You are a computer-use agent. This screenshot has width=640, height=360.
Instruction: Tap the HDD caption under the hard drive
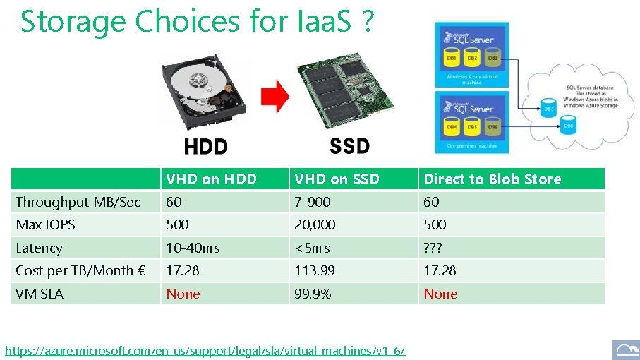205,147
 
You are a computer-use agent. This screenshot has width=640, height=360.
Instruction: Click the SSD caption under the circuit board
349,146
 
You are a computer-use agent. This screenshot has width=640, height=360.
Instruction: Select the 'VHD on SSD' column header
337,179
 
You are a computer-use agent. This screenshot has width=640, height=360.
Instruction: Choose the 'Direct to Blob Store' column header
492,179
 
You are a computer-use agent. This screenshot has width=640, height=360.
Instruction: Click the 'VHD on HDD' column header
211,179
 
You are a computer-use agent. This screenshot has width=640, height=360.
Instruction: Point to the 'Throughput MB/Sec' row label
78,202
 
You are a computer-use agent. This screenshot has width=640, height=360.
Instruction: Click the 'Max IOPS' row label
45,224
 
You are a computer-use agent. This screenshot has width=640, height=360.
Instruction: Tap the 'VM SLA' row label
40,294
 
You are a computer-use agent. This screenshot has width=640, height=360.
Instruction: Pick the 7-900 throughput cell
313,202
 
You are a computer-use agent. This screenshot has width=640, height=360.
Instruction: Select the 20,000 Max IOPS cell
315,224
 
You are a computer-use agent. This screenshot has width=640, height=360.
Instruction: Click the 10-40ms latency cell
193,248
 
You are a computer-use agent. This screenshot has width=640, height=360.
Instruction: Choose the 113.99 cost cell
315,270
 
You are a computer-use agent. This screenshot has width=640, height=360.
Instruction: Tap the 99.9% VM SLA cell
313,294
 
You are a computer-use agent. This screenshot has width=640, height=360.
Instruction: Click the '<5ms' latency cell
312,248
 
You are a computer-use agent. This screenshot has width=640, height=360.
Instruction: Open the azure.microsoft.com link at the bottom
205,350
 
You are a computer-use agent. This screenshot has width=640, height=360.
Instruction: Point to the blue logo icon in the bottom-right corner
626,349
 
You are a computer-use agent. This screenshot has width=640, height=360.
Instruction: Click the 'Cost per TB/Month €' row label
80,270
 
